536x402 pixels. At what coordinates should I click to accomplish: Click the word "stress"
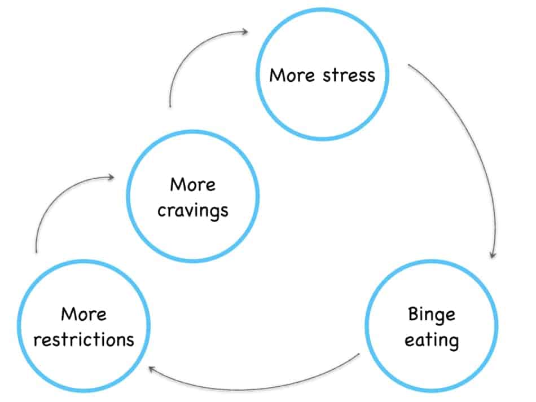click(349, 75)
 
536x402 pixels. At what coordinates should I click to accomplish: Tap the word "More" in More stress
click(292, 75)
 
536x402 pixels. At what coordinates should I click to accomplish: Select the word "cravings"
click(193, 211)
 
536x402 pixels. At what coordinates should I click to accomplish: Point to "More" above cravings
click(193, 185)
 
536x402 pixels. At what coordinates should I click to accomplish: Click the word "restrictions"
click(84, 340)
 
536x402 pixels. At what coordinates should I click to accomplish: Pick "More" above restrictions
click(84, 314)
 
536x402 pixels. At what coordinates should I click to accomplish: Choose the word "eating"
click(432, 341)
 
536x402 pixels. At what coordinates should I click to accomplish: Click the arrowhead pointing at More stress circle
click(245, 32)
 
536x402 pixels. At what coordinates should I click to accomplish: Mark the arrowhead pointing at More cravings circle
click(111, 177)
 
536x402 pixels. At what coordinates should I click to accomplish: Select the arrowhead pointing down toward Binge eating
click(493, 254)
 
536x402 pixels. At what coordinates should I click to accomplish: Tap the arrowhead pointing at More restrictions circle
click(152, 369)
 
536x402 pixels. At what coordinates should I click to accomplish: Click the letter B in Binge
click(413, 314)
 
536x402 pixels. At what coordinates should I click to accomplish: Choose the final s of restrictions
click(130, 342)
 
